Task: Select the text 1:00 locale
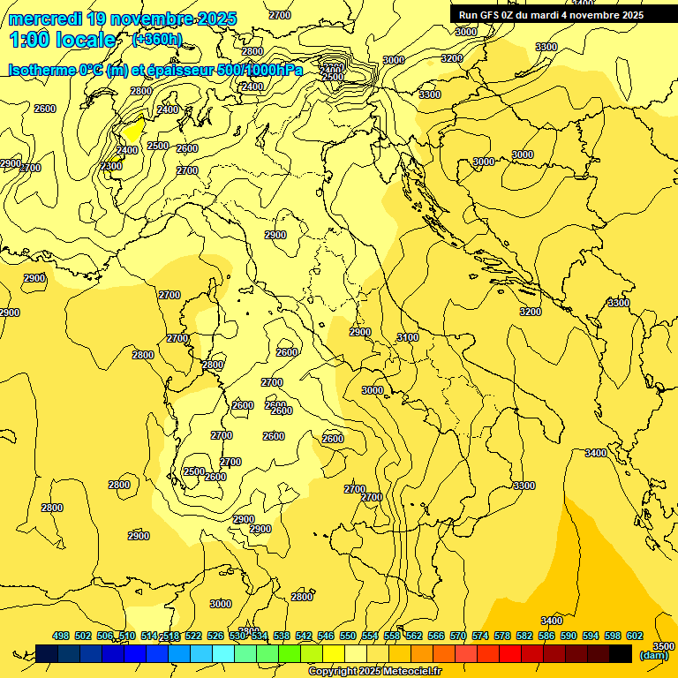[63, 40]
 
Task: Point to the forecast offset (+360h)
[157, 40]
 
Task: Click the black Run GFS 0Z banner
[551, 15]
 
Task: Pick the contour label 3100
[408, 338]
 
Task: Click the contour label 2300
[111, 167]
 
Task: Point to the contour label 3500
[663, 647]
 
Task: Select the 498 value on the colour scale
[61, 636]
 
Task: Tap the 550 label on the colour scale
[348, 636]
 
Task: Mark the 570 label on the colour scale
[458, 636]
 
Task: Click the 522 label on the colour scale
[193, 636]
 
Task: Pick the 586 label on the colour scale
[546, 636]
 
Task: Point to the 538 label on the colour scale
[282, 636]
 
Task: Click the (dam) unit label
[654, 655]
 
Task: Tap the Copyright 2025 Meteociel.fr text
[374, 672]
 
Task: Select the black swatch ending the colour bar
[621, 653]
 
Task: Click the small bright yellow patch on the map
[132, 131]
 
